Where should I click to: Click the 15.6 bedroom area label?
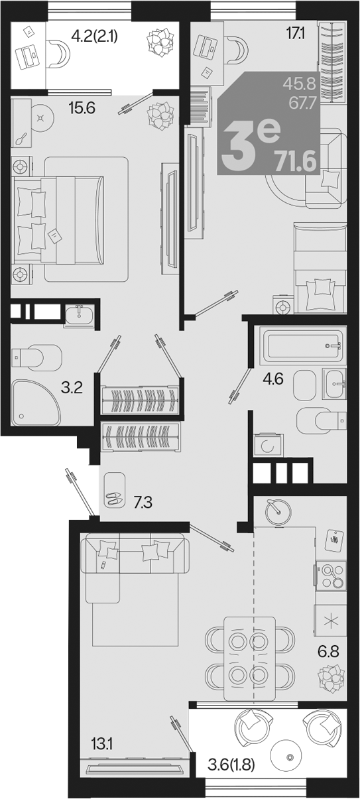coord(82,107)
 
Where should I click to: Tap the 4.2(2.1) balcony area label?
coord(95,36)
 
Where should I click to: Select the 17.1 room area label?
coord(295,34)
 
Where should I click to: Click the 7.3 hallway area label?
coord(143,503)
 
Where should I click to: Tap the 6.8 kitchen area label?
coord(328,651)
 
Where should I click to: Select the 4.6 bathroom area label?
coord(273,379)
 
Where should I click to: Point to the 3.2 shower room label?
coord(72,387)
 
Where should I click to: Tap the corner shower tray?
coord(35,402)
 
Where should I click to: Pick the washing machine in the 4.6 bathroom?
coord(269,446)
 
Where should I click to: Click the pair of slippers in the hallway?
coord(115,498)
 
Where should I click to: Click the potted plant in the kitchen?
coord(331,678)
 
